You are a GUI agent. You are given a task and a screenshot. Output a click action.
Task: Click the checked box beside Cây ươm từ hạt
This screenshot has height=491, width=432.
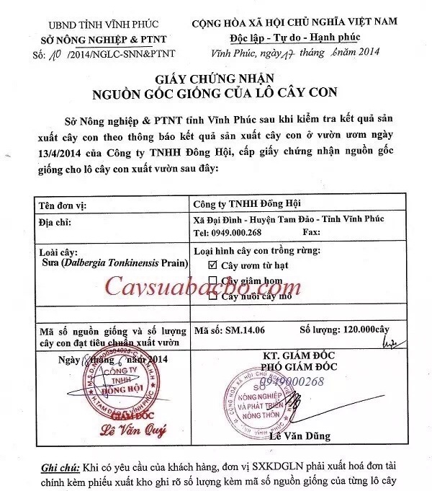coord(212,265)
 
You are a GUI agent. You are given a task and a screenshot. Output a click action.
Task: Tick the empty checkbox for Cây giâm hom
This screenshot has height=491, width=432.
coord(212,280)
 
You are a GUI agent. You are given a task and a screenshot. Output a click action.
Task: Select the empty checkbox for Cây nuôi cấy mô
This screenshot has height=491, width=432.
coord(212,296)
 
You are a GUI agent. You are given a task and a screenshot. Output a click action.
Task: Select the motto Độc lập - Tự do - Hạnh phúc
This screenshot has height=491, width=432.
coord(295,37)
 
